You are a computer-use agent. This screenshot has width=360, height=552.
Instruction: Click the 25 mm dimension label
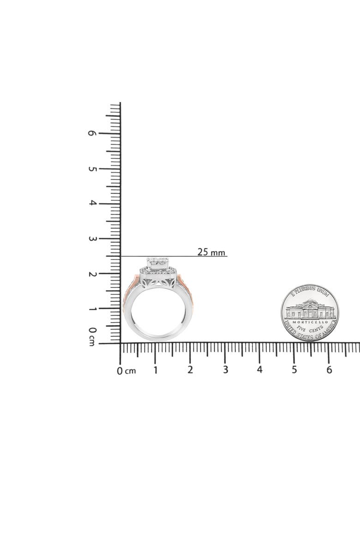[211, 252]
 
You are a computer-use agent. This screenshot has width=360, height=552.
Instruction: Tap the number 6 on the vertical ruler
[92, 133]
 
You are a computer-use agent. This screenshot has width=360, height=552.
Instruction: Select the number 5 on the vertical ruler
[92, 168]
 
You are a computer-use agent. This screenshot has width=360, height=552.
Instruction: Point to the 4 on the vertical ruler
[92, 203]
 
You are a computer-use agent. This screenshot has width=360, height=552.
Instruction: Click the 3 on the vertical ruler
[92, 238]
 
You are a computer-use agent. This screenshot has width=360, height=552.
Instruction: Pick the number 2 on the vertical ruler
[92, 274]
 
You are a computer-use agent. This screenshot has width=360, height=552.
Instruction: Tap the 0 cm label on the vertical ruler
[92, 336]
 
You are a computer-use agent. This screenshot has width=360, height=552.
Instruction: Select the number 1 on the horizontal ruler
[155, 370]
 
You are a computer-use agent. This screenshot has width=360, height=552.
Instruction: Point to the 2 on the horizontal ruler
[190, 370]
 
